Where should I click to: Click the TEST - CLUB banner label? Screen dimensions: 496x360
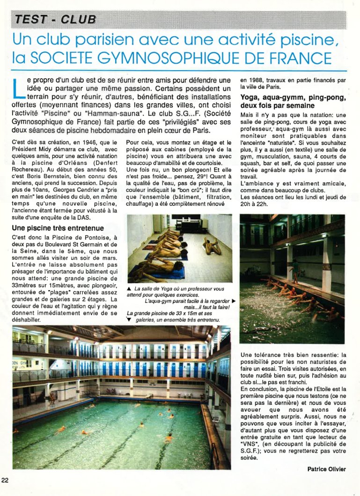coord(55,20)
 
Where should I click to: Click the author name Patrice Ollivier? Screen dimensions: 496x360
coord(326,469)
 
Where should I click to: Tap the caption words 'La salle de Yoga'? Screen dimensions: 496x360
coord(151,289)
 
